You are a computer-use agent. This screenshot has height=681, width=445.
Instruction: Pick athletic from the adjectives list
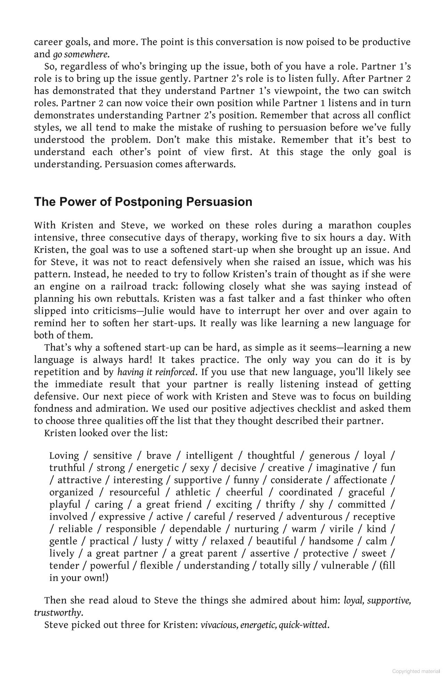(x=193, y=492)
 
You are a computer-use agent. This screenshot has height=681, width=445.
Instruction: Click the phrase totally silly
(x=285, y=565)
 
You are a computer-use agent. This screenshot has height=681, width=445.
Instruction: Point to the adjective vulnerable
(x=345, y=565)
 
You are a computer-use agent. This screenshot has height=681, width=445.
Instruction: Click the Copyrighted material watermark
(x=416, y=671)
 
